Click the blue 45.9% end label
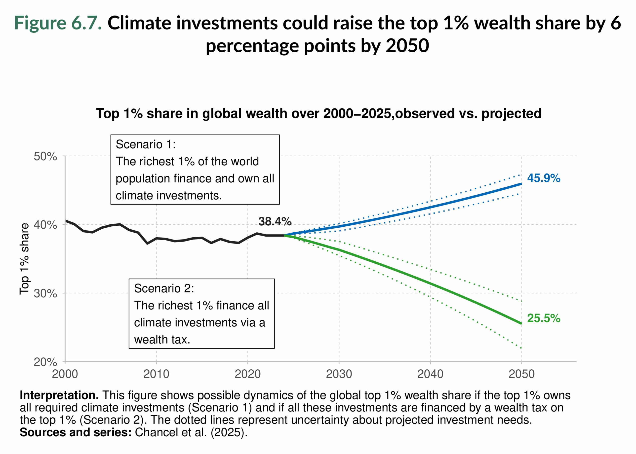point(543,178)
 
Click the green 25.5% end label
point(543,318)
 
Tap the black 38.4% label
point(275,221)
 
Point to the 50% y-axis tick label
point(45,156)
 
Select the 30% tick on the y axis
point(45,294)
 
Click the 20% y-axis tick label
point(45,362)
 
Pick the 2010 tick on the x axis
point(156,374)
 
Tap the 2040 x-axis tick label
point(430,374)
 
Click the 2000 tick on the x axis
point(65,374)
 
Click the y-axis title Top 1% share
point(24,259)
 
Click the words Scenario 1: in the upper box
point(146,144)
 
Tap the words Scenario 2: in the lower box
point(164,288)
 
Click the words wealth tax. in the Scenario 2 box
point(162,340)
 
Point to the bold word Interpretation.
point(59,395)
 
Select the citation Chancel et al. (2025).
point(191,432)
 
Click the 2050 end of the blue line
point(521,184)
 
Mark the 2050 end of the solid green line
point(521,323)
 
